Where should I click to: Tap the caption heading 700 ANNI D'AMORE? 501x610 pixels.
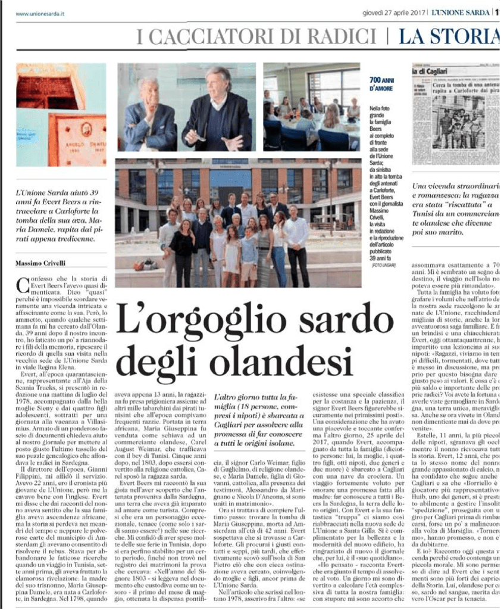[381, 84]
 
